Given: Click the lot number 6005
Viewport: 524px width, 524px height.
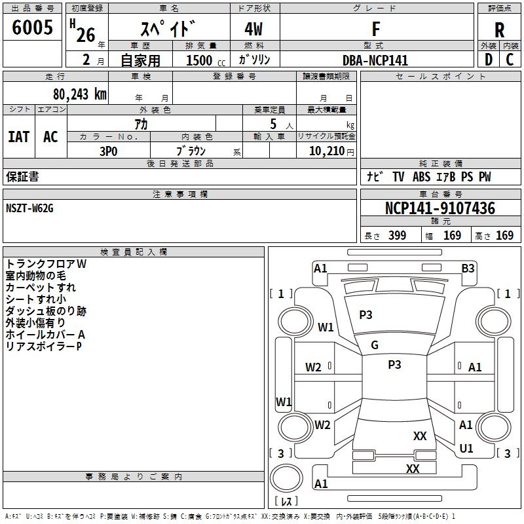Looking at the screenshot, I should [x=33, y=28].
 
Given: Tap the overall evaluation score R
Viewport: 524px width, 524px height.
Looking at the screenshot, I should [x=499, y=29].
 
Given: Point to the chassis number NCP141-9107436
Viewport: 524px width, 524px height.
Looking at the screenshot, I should [x=440, y=208].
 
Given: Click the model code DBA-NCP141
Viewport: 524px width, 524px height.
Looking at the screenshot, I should [x=375, y=60].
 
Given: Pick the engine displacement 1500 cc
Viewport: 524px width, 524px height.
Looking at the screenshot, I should [x=199, y=60].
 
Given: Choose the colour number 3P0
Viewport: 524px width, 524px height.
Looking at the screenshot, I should [x=108, y=150].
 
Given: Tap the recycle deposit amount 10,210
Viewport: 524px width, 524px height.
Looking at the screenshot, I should [x=328, y=151].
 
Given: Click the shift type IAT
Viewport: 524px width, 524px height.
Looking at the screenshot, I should [x=18, y=136].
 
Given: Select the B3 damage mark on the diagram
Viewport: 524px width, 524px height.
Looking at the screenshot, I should [x=468, y=268].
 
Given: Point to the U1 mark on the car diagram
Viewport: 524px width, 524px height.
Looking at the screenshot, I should [x=466, y=449].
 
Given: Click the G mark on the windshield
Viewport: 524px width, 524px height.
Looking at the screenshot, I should [x=375, y=345].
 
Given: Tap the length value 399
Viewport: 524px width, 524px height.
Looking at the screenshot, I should [x=397, y=235].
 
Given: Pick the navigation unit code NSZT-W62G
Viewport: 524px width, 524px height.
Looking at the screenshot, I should [x=29, y=208].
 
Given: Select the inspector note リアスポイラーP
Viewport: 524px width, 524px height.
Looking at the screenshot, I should [x=44, y=346].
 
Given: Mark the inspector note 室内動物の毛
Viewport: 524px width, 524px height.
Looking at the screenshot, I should [x=36, y=276].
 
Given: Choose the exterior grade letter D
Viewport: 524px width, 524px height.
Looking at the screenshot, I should [x=488, y=60].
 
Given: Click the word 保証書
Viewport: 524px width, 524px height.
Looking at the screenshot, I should [x=22, y=177].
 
